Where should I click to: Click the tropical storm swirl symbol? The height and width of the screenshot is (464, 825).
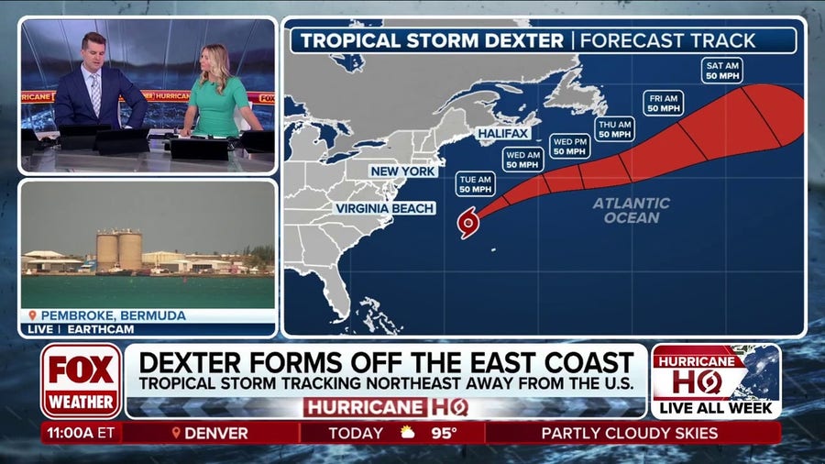pos(467,222)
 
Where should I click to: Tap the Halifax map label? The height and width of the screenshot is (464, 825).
pos(503,134)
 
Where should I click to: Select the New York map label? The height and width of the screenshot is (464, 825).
pos(403,171)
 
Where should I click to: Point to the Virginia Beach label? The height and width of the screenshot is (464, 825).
pos(385,208)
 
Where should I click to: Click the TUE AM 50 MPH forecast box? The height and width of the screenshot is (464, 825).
pos(476,182)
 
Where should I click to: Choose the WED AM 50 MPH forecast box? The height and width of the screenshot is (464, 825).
pos(522,159)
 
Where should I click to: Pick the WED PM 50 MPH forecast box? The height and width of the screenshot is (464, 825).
pos(569,147)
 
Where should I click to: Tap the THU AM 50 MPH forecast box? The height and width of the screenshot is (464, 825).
pos(614,128)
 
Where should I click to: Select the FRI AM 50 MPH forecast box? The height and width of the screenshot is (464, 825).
pos(663,103)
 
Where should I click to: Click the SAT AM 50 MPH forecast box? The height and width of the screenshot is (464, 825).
pos(721,71)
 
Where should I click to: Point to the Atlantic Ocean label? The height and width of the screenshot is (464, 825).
pos(631,210)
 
